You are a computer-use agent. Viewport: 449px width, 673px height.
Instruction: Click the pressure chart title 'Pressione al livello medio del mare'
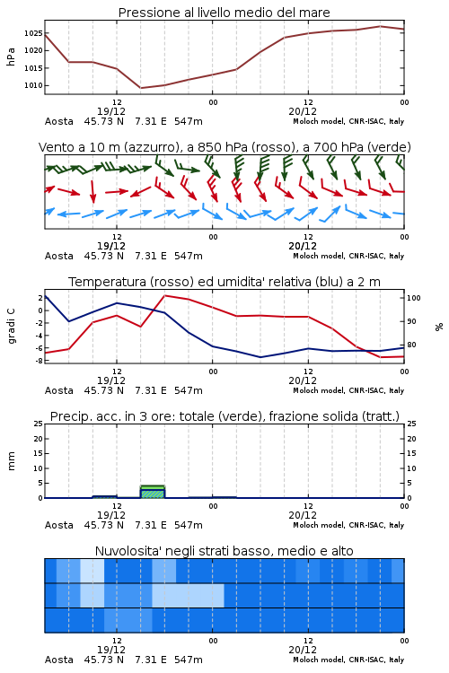[224, 13]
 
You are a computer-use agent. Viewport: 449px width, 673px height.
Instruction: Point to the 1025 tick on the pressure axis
[33, 33]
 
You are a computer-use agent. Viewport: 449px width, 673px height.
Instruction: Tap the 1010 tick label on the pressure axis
[33, 85]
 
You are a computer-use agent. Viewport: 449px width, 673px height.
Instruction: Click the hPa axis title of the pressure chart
[11, 57]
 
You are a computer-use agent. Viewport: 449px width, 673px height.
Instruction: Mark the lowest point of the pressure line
[141, 88]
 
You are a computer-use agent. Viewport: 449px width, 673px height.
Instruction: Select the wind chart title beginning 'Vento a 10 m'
[224, 147]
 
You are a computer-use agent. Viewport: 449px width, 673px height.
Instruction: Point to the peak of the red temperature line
[165, 295]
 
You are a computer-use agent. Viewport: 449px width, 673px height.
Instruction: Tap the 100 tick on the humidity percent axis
[414, 298]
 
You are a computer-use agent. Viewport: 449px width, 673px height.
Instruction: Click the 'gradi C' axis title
[11, 326]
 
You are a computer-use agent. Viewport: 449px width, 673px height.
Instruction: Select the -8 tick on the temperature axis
[39, 361]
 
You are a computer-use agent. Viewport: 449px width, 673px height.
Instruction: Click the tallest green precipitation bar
[153, 491]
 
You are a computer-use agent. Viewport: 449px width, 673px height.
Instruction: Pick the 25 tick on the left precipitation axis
[39, 424]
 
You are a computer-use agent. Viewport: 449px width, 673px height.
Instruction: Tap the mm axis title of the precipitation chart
[11, 461]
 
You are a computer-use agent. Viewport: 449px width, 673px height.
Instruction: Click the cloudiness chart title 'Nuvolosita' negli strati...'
[224, 551]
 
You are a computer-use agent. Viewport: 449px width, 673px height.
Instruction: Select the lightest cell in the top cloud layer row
[92, 571]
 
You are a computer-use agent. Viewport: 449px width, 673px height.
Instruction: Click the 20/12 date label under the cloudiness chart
[303, 650]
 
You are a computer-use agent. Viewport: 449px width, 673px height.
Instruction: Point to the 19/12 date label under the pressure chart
[111, 111]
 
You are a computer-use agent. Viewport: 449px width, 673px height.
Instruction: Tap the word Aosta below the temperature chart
[59, 390]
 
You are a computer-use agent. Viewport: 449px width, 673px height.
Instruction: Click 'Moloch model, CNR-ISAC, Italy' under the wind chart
[348, 256]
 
